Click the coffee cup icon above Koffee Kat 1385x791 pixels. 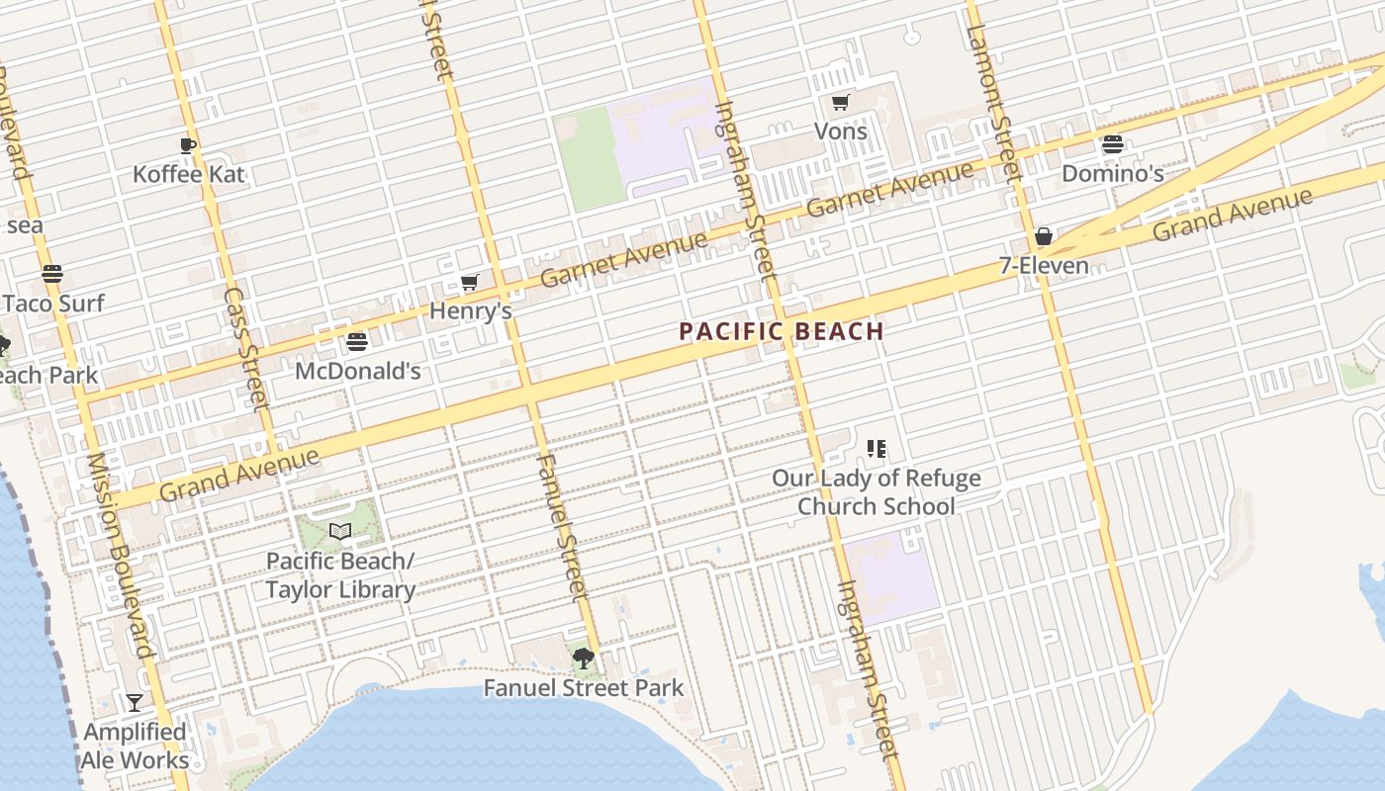(x=188, y=146)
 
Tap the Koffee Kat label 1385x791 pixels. (x=188, y=175)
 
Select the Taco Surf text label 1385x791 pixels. (x=53, y=304)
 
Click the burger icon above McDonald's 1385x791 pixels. (x=357, y=342)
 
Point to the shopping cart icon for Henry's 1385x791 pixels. (x=470, y=283)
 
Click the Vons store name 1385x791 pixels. (x=840, y=132)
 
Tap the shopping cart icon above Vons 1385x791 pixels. (x=840, y=102)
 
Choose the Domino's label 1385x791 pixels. (x=1112, y=174)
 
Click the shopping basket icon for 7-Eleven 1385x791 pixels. (x=1043, y=236)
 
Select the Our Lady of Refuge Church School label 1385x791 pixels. (x=877, y=492)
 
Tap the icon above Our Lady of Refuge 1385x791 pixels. (x=876, y=449)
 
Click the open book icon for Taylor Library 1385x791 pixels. (x=340, y=532)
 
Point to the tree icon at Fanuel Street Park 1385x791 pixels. (x=583, y=658)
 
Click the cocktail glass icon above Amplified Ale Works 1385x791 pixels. (x=135, y=702)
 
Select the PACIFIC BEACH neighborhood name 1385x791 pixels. (x=781, y=332)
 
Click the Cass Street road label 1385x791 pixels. (x=245, y=348)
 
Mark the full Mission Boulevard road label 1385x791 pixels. (x=122, y=555)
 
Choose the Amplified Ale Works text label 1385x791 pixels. (x=136, y=747)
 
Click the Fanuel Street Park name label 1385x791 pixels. (x=583, y=688)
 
